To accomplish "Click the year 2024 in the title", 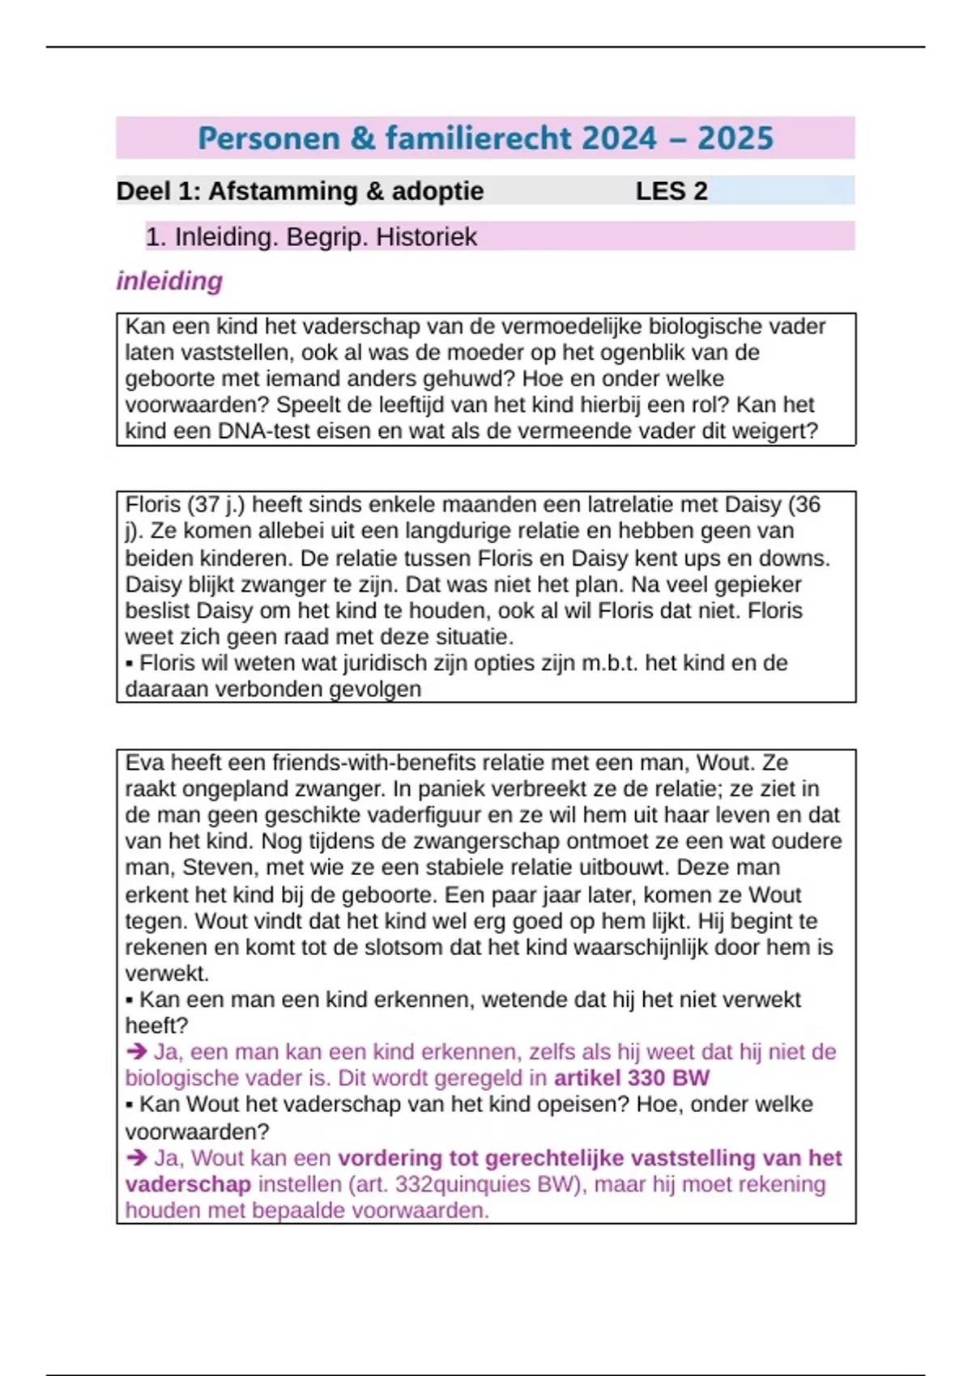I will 618,138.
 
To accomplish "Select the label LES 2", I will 671,191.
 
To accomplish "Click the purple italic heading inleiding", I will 169,281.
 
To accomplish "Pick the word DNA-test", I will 260,431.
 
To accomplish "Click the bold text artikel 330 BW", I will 632,1078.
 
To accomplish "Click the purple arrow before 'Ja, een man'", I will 136,1051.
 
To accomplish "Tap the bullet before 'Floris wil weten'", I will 130,664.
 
